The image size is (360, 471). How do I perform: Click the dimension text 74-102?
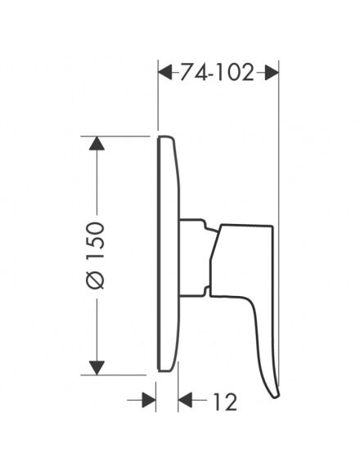pyautogui.click(x=217, y=73)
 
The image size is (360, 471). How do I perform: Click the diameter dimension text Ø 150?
pyautogui.click(x=96, y=256)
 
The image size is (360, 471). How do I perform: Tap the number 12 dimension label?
pyautogui.click(x=225, y=401)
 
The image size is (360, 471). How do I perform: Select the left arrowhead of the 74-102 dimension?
pyautogui.click(x=165, y=73)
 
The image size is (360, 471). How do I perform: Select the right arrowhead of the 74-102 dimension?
pyautogui.click(x=272, y=73)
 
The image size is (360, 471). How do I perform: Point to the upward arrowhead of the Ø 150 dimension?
pyautogui.click(x=97, y=143)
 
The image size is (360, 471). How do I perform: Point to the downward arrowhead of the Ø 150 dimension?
pyautogui.click(x=97, y=368)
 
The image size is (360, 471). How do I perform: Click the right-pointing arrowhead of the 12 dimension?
pyautogui.click(x=149, y=400)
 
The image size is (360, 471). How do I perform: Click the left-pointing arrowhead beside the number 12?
pyautogui.click(x=186, y=400)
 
